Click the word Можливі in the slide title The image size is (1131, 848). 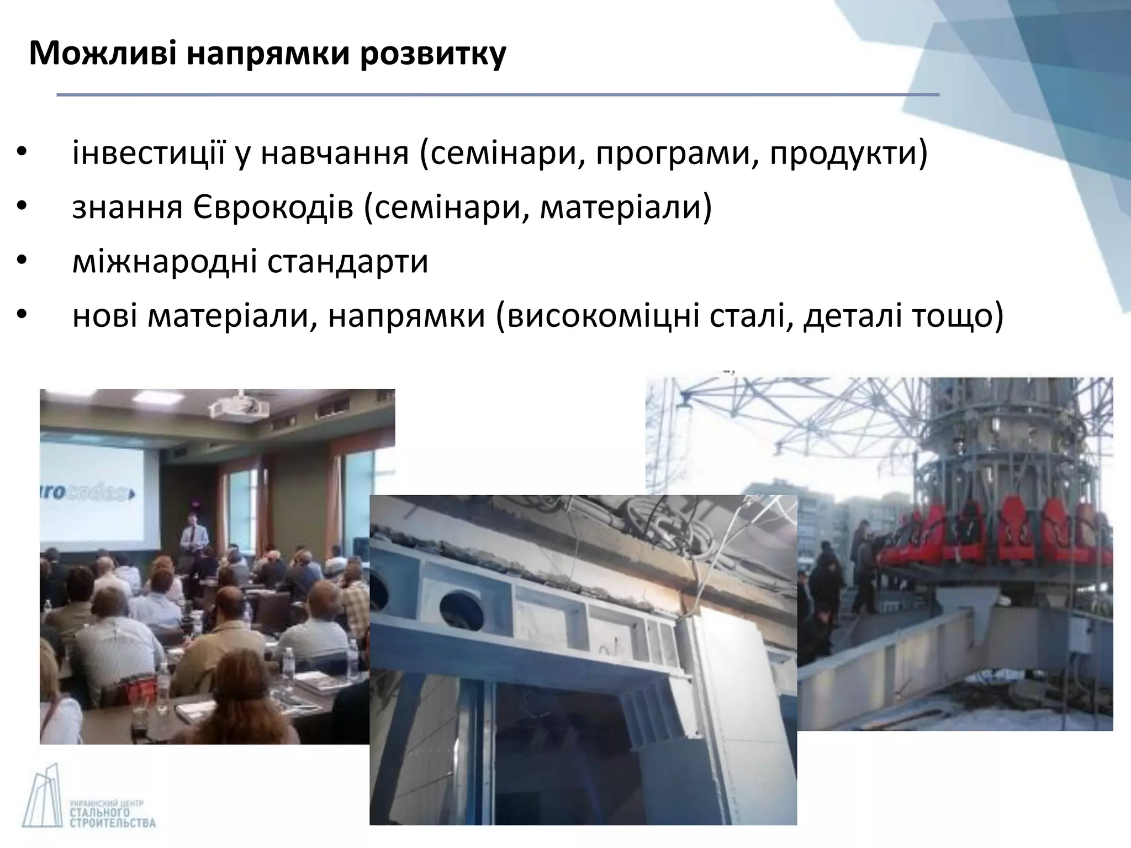(102, 54)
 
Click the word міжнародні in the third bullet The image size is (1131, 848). (165, 261)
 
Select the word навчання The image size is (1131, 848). (335, 154)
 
